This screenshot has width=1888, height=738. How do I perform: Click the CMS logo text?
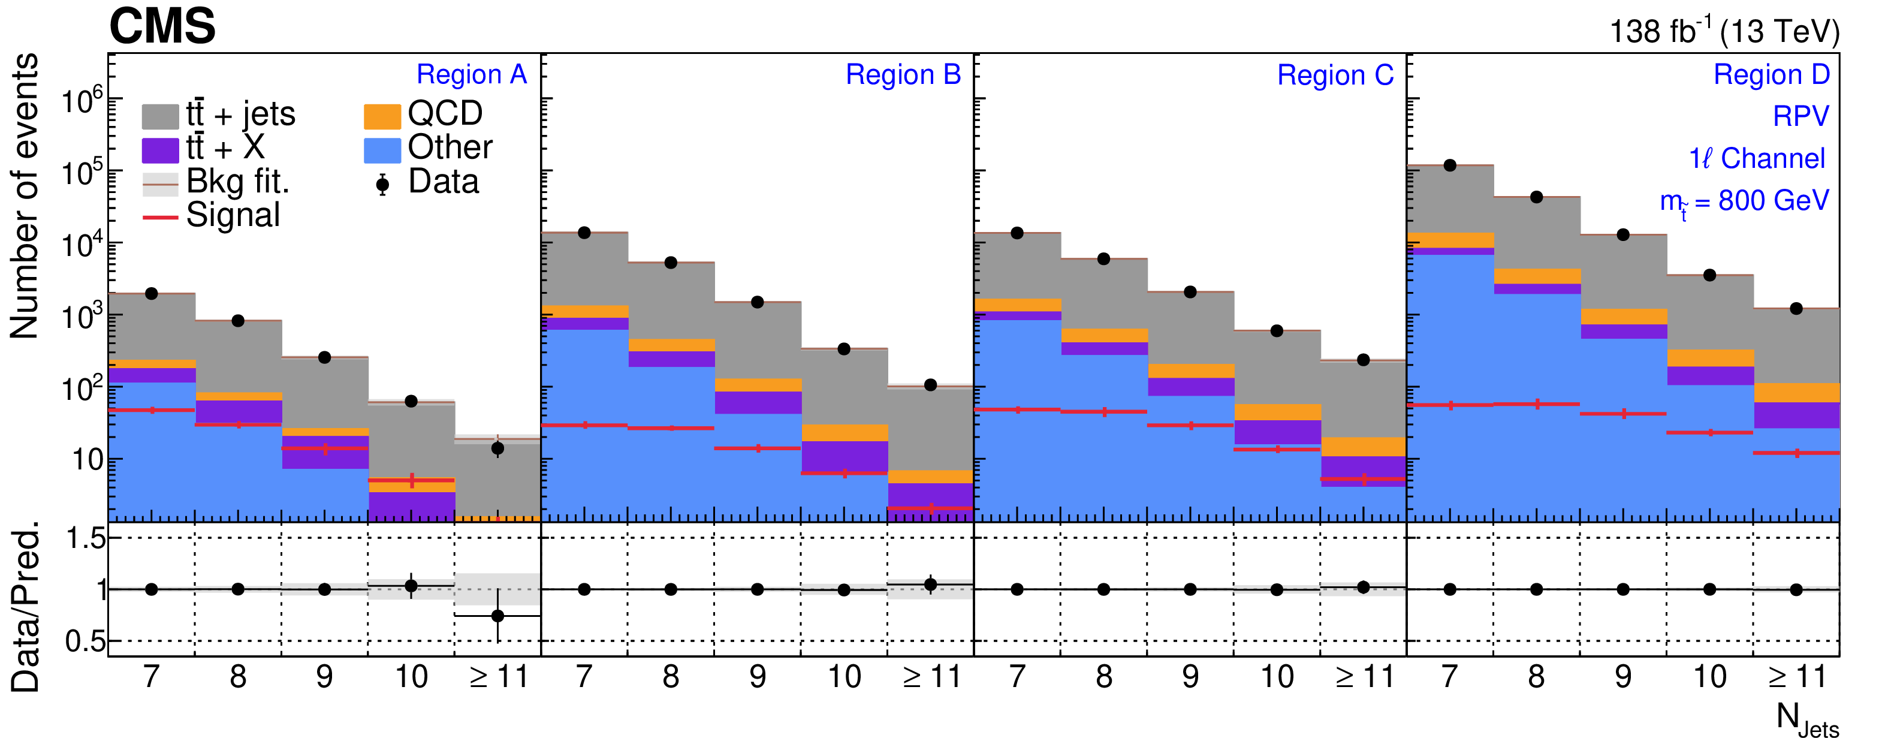162,26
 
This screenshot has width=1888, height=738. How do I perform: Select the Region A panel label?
471,75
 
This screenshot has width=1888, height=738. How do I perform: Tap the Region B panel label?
903,75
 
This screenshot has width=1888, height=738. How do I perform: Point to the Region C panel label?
1335,76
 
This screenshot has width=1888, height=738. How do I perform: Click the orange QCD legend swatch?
382,116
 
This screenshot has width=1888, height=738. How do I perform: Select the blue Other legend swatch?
382,149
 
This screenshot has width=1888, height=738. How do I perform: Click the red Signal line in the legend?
160,217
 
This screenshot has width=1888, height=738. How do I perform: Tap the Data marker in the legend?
382,184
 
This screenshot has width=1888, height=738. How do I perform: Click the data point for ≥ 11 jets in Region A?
497,448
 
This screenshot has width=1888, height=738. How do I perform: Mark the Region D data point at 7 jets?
1450,165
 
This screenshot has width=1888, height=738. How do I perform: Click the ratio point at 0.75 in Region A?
497,616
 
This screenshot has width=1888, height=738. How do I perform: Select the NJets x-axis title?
1806,718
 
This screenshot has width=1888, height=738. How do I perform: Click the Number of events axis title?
23,197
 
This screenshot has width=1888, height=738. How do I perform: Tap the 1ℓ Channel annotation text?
1756,159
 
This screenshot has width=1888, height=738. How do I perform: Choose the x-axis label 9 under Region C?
1190,676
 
